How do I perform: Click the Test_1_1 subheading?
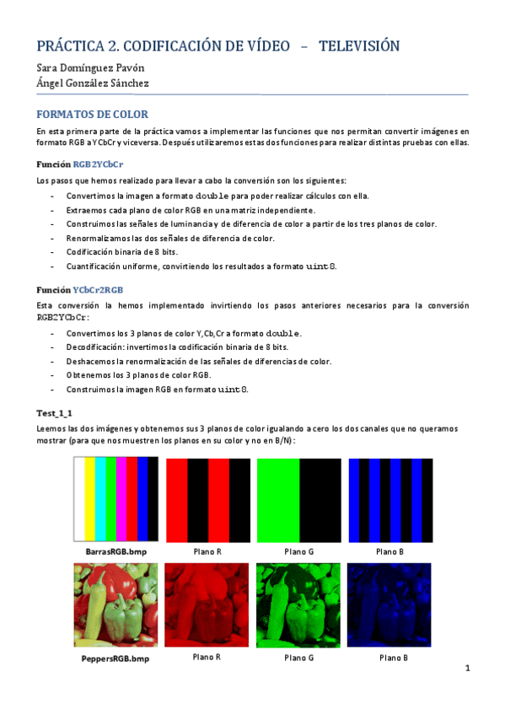(55, 412)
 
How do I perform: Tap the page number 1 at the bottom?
(466, 669)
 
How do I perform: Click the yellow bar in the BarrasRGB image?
(90, 498)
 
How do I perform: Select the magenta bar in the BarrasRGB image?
(121, 498)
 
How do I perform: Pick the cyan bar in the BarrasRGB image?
(100, 498)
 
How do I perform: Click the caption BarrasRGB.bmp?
(116, 551)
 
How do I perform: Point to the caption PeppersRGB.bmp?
(116, 659)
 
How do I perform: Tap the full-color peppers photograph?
(116, 605)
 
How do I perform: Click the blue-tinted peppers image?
(390, 605)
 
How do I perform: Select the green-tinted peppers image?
(298, 605)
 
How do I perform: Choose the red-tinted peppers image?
(207, 605)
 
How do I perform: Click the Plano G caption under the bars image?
(298, 551)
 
